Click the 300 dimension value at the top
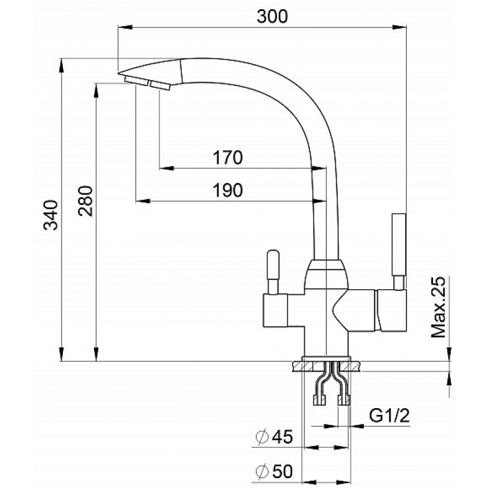[x=272, y=16]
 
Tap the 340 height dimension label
[x=51, y=215]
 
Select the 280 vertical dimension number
[x=85, y=201]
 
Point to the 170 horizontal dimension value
[x=228, y=157]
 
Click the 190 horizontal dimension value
[x=228, y=190]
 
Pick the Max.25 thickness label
[x=438, y=307]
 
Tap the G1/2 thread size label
[x=389, y=415]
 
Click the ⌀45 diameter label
[x=274, y=436]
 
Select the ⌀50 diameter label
[x=274, y=471]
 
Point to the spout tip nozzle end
[x=119, y=74]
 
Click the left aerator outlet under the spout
[x=136, y=81]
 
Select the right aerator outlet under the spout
[x=160, y=85]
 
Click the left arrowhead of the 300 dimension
[x=125, y=27]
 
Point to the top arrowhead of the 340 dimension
[x=62, y=66]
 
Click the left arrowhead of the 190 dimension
[x=143, y=201]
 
